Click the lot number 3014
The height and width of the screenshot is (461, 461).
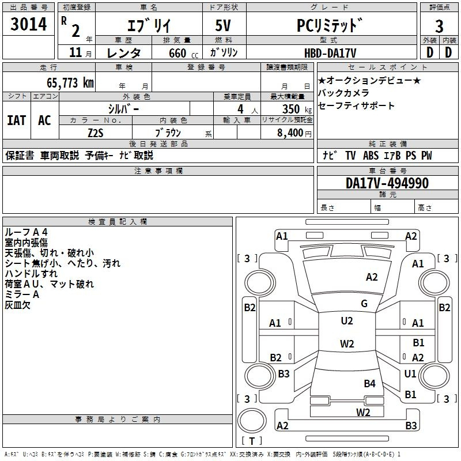pyautogui.click(x=29, y=27)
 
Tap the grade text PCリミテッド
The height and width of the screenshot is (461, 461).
pyautogui.click(x=330, y=27)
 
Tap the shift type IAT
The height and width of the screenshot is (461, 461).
pyautogui.click(x=16, y=120)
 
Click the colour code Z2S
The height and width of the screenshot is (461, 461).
pyautogui.click(x=96, y=133)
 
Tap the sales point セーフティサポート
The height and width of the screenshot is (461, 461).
pyautogui.click(x=357, y=105)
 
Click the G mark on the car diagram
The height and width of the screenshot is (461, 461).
pyautogui.click(x=364, y=304)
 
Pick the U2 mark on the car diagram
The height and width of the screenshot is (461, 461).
pyautogui.click(x=347, y=321)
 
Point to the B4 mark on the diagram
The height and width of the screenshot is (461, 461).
pyautogui.click(x=369, y=383)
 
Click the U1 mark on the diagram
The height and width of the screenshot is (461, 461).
pyautogui.click(x=410, y=374)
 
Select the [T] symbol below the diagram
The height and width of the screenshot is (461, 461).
pyautogui.click(x=252, y=441)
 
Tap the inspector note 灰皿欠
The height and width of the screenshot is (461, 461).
pyautogui.click(x=18, y=305)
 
